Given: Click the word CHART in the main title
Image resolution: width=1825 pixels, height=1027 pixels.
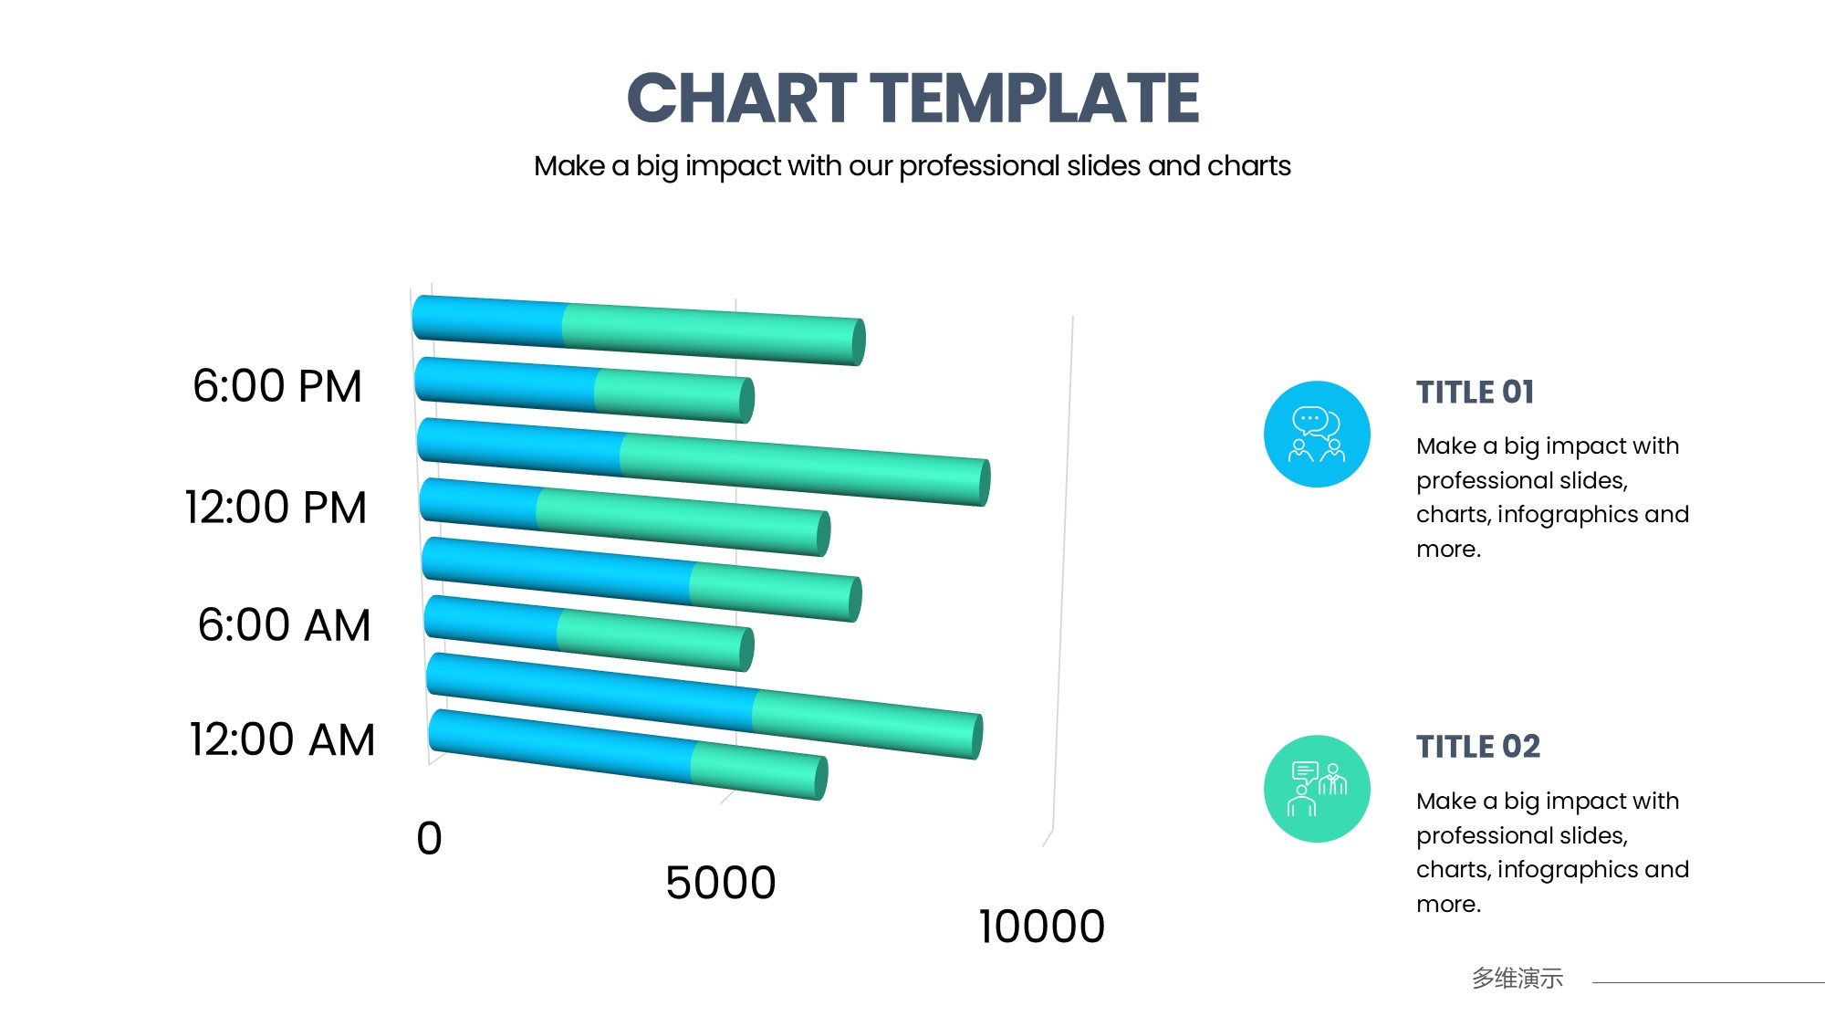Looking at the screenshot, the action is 742,99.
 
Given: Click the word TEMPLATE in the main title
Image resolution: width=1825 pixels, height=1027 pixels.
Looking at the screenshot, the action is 1035,99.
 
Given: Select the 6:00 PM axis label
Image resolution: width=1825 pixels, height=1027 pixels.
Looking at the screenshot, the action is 277,386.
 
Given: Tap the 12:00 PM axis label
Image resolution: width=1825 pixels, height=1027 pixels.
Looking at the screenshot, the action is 276,508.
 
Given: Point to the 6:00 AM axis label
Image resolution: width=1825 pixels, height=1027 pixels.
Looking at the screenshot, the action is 284,625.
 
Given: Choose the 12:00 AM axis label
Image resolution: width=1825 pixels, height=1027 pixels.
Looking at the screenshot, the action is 282,739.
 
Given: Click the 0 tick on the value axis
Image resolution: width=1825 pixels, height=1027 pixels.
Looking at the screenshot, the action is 429,838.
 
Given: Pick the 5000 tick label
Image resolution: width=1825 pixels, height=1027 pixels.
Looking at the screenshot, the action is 721,883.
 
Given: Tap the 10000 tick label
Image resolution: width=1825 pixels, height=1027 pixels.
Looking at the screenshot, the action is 1042,927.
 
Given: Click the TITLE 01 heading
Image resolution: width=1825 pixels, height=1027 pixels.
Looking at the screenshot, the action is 1476,393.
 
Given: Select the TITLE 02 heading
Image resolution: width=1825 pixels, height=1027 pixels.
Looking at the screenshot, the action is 1478,747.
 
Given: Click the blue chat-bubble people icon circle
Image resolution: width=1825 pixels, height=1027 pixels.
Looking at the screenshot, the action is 1317,435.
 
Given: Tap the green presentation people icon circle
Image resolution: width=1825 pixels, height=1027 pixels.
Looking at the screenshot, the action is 1317,789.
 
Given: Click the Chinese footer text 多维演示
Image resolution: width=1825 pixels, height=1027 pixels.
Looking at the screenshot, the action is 1517,979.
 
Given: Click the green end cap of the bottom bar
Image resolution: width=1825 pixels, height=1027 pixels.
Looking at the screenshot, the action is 821,779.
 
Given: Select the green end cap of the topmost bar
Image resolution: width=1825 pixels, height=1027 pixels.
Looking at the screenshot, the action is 859,342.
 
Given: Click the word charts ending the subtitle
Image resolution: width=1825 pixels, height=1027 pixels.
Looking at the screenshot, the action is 1249,166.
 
